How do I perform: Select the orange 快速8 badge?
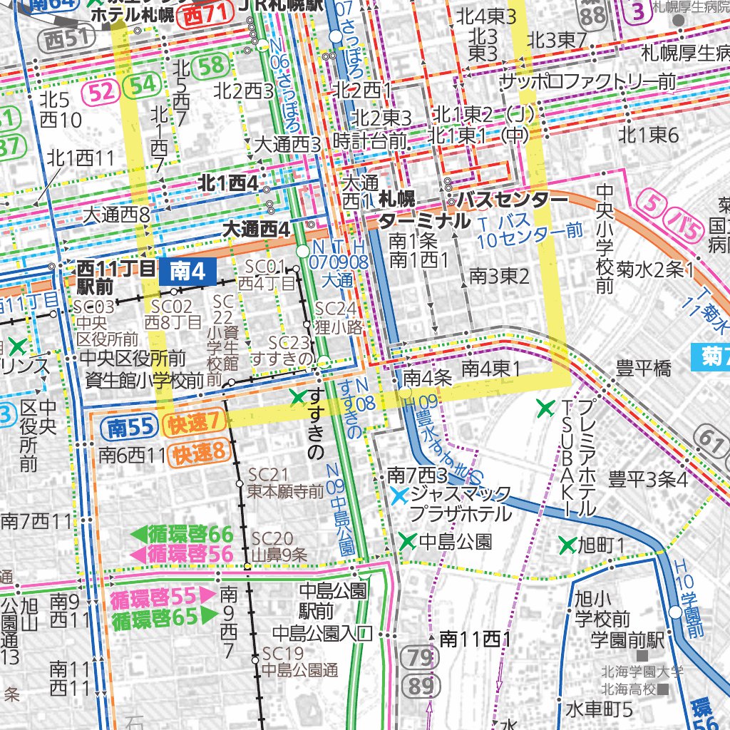pos(199,452)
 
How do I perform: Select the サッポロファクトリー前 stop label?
pos(587,82)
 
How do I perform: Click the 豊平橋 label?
pos(644,369)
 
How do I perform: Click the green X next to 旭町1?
pos(567,546)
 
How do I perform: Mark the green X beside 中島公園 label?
pos(408,542)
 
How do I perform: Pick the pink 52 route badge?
pos(101,88)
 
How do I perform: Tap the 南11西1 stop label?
pos(474,639)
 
